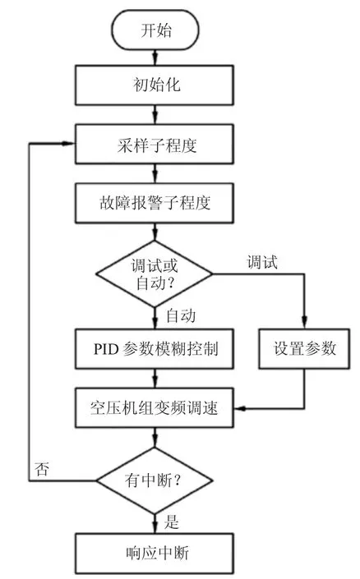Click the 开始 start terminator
coord(155,30)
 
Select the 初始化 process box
coord(155,85)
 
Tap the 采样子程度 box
coord(155,144)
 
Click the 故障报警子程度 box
coord(155,203)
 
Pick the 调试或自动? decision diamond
coord(155,274)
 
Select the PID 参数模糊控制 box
coord(155,349)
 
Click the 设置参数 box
coord(304,349)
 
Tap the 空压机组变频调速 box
coord(155,407)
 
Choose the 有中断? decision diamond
coord(155,480)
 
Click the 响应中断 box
coord(155,554)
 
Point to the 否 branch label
coord(41,469)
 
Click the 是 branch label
coord(172,522)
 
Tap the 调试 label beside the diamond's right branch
coord(262,263)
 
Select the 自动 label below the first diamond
coord(181,316)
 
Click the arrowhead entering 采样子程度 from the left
coord(69,144)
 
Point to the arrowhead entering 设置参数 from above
coord(304,323)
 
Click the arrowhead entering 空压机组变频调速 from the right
coord(240,408)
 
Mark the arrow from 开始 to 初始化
coord(155,57)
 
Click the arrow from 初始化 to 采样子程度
coord(155,115)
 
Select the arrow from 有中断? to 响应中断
coord(155,524)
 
